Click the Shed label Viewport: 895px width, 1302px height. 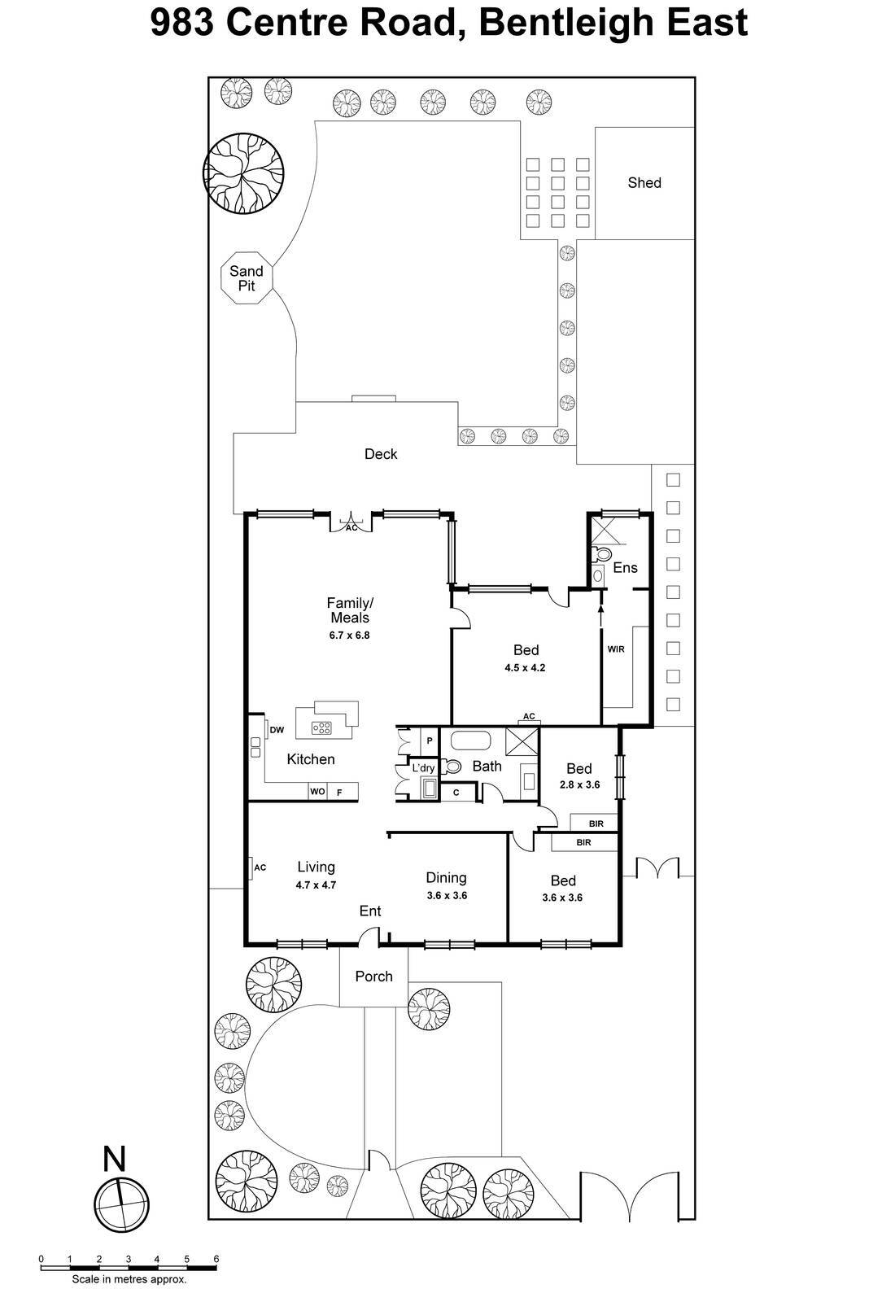coord(644,183)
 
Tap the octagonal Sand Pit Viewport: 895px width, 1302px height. coord(247,278)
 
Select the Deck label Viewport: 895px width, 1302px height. coord(380,454)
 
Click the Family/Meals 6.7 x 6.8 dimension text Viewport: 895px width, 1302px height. coord(349,636)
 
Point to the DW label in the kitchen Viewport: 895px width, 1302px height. coord(277,730)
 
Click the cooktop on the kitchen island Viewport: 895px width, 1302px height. coord(322,728)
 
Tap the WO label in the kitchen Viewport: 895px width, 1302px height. coord(317,792)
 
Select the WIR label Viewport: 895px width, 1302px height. coord(615,649)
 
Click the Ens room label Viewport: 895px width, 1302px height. coord(625,568)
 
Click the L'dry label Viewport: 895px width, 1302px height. coord(423,768)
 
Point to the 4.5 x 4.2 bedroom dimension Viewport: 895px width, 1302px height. coord(525,668)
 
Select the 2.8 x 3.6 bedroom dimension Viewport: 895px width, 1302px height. coord(579,785)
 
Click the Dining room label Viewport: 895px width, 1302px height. coord(446,877)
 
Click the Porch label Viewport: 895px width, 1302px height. coord(373,976)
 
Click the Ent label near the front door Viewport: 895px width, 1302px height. coord(370,911)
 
